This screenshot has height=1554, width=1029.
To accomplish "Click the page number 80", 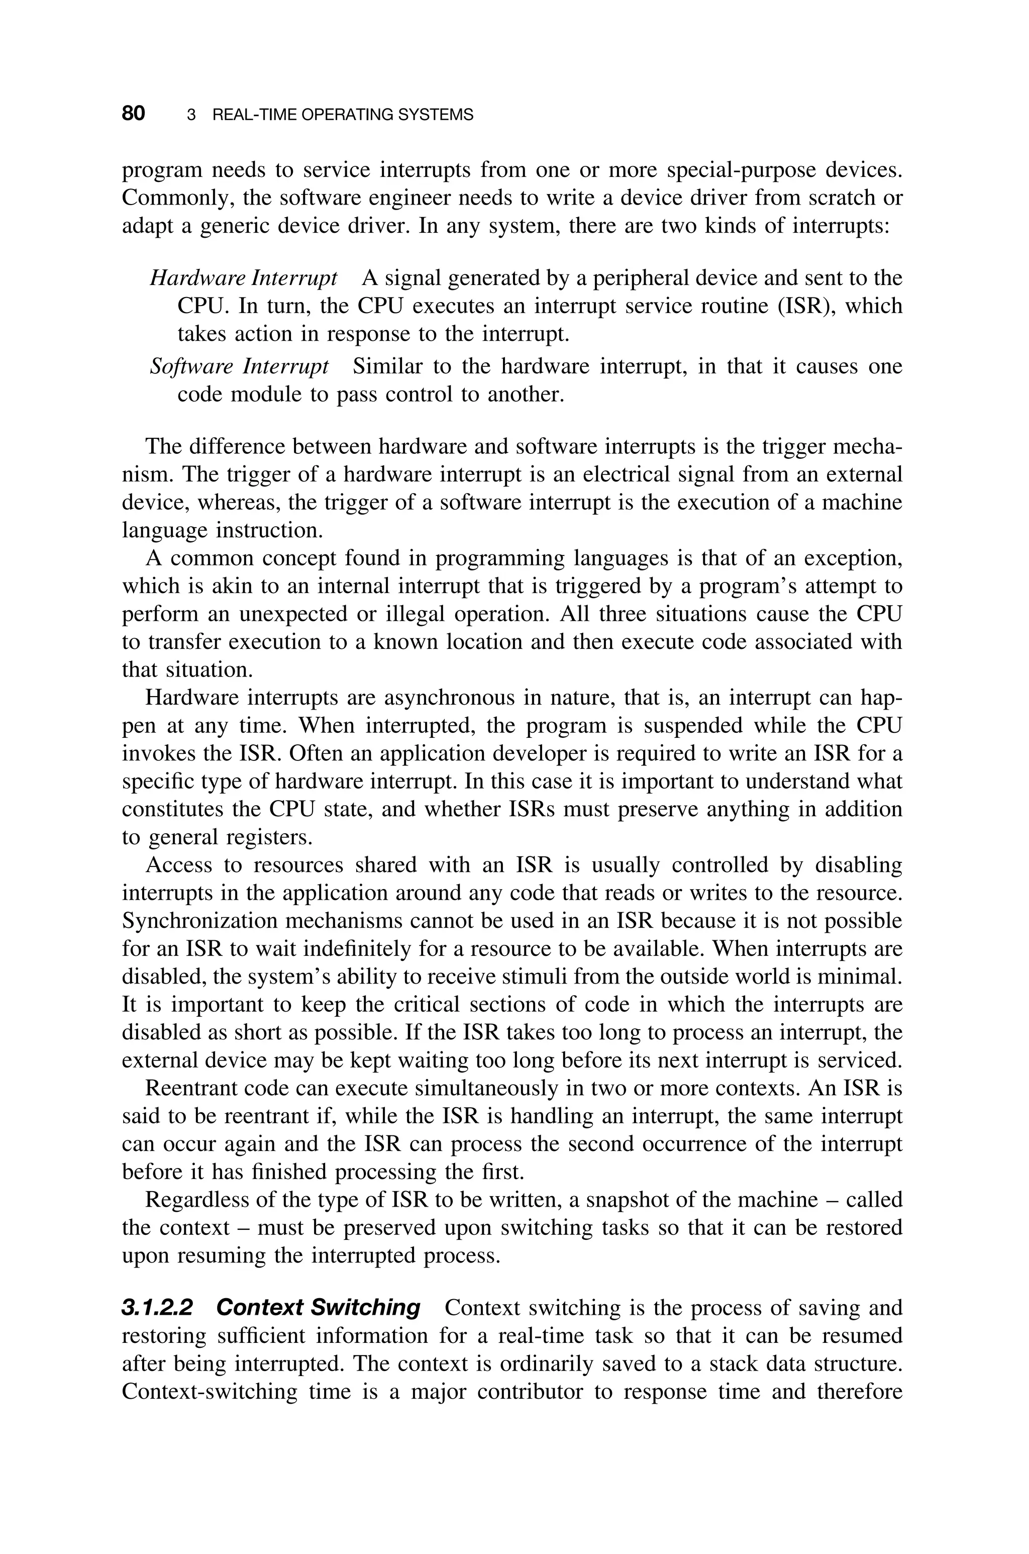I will [133, 114].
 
